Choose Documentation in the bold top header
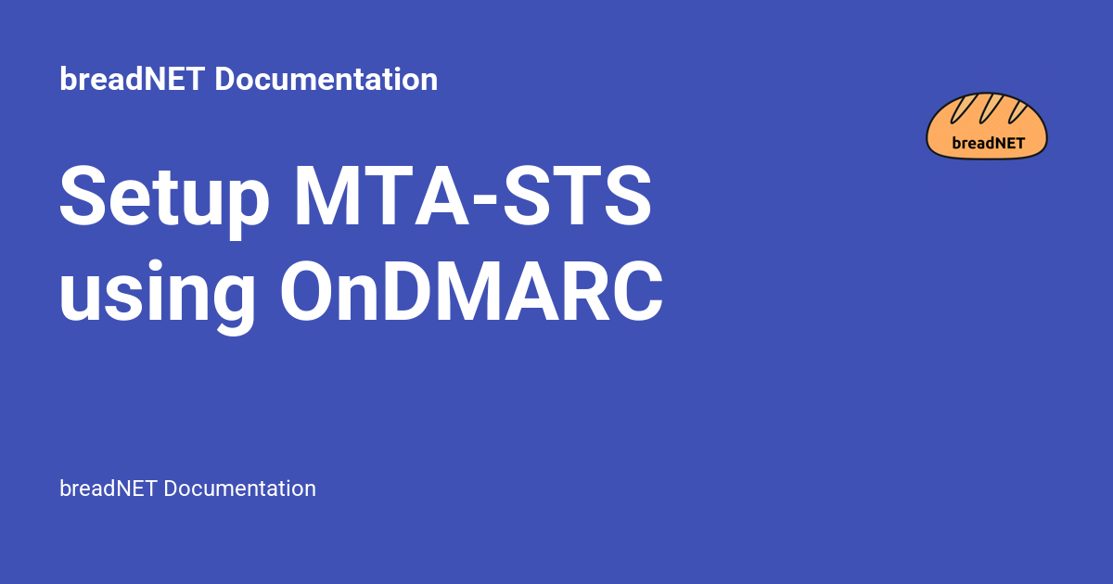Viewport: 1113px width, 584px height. point(326,80)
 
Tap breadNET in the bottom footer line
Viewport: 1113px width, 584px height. point(108,489)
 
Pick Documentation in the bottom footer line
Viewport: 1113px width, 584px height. point(239,489)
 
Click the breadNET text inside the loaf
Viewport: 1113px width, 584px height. point(987,143)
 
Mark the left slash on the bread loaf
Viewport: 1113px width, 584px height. point(960,108)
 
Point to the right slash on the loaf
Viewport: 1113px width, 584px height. point(1017,109)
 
